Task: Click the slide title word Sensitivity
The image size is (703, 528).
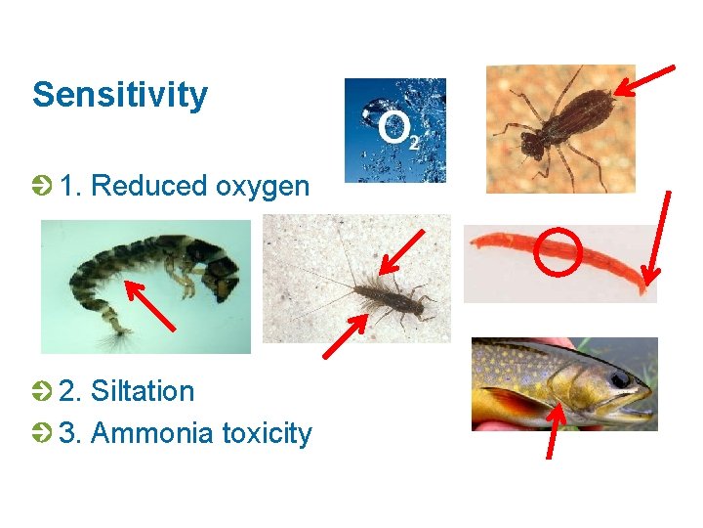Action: [120, 96]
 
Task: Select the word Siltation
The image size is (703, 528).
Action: [143, 391]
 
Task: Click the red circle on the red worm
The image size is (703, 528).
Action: [558, 250]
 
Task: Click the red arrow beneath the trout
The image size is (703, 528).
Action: [555, 430]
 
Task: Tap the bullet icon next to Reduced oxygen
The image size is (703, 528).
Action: [41, 185]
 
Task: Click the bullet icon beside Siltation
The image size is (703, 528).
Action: [41, 391]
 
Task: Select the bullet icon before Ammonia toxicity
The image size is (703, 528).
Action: [41, 432]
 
